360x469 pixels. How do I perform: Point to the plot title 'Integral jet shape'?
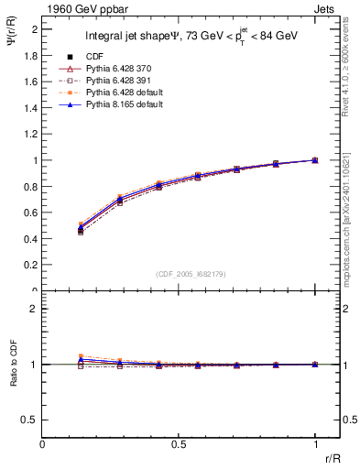134,37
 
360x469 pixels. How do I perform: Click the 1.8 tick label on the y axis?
31,55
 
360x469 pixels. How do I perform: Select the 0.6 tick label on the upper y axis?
31,213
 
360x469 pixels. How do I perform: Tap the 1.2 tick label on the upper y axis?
31,134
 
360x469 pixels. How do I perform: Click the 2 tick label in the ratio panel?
35,309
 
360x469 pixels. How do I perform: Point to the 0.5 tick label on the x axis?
179,445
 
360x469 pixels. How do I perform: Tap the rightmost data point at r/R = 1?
315,160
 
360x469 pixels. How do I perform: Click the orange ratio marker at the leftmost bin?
81,356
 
